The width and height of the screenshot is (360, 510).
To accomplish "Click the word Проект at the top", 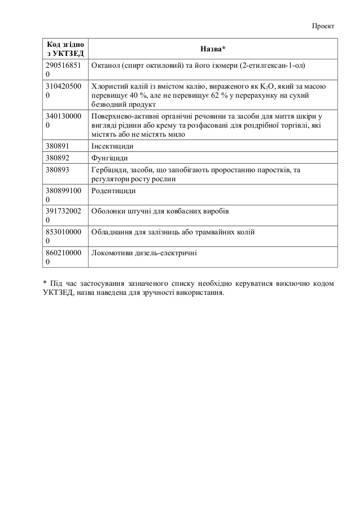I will [324, 26].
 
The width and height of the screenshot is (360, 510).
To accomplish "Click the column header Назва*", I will [213, 49].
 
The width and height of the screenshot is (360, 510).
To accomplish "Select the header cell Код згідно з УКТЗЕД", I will [65, 49].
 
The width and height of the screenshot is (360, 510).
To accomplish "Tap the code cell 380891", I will [58, 146].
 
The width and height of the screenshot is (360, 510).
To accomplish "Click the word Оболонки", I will [108, 211].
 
